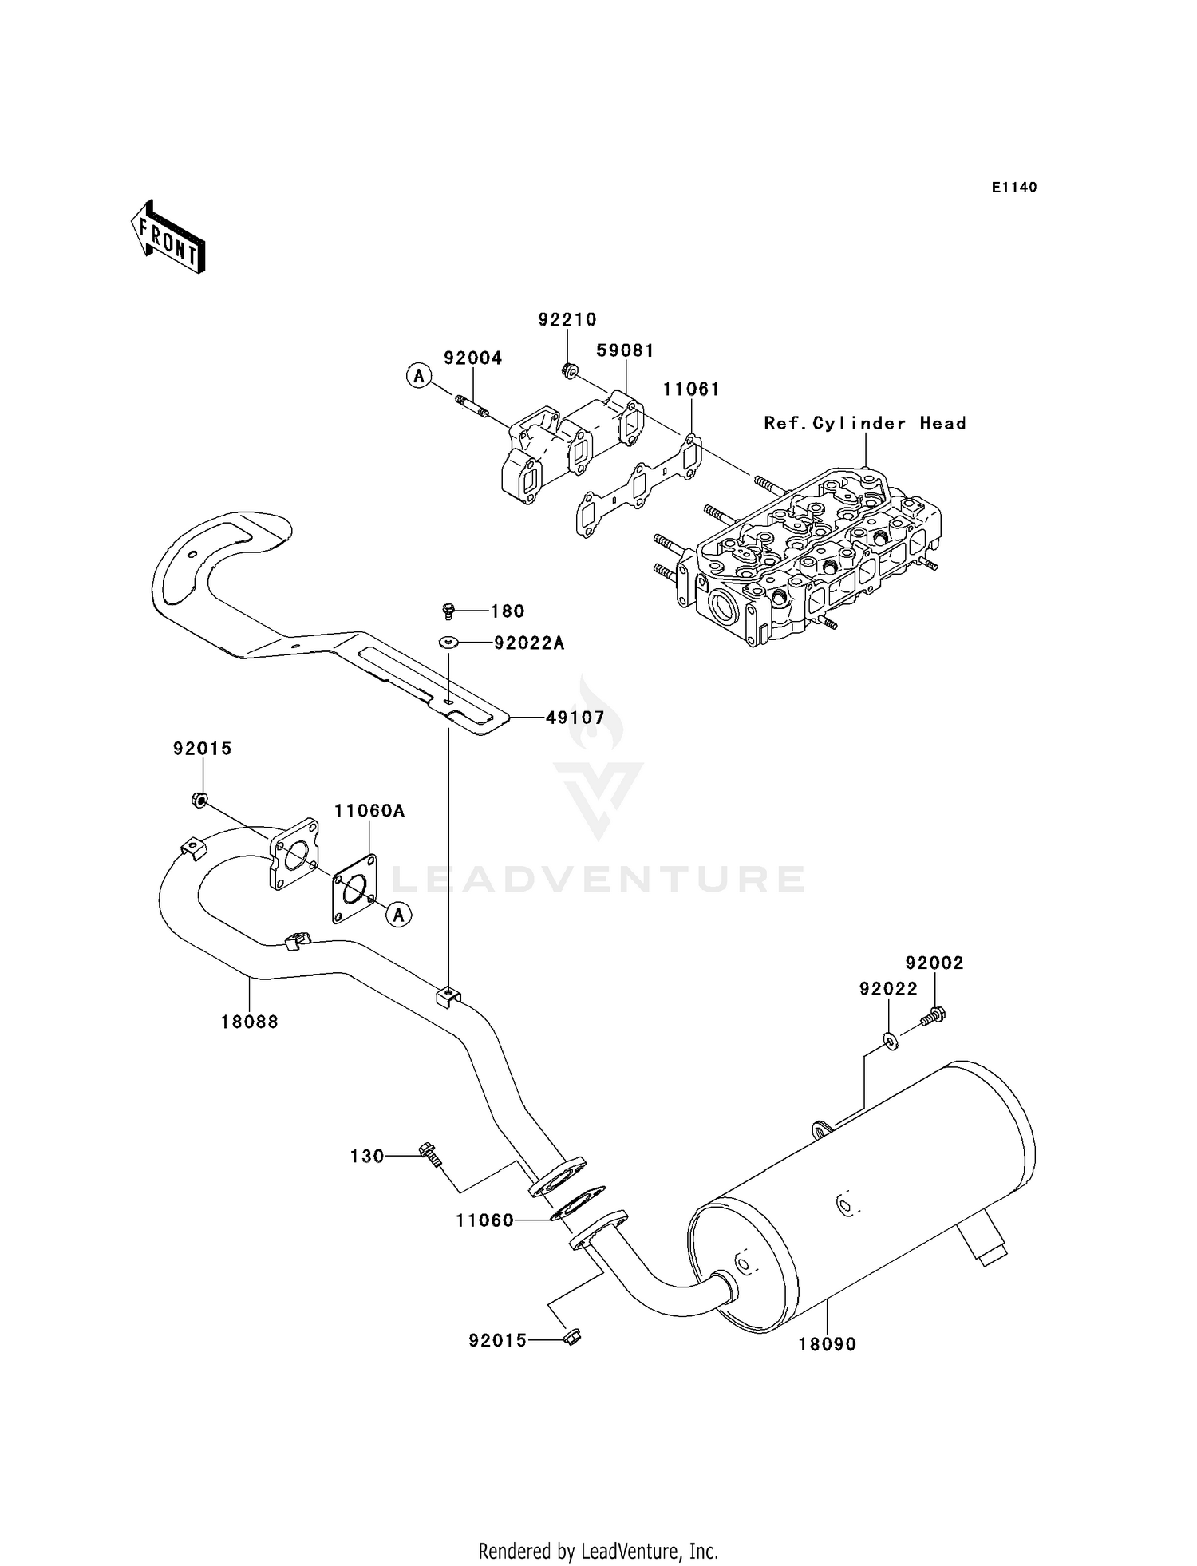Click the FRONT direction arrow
[168, 237]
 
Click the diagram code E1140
[1014, 188]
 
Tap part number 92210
[567, 320]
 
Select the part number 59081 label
[625, 350]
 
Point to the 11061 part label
[691, 389]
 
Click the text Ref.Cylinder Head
[865, 423]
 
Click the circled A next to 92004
[419, 375]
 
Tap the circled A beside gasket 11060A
[399, 914]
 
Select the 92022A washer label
[529, 643]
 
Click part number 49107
[575, 718]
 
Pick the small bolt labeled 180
[448, 611]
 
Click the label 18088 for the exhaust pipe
[250, 1022]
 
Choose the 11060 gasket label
[485, 1220]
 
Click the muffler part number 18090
[828, 1344]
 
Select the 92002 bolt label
[934, 963]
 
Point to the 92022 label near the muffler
[888, 989]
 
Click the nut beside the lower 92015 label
[572, 1337]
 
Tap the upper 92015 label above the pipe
[203, 749]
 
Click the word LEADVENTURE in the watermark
[599, 880]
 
